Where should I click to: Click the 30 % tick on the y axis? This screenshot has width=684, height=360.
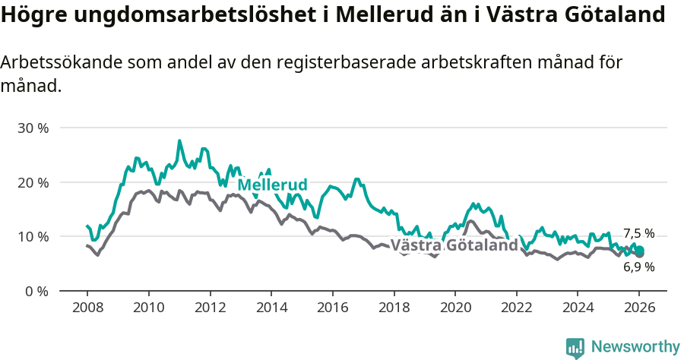coord(33,128)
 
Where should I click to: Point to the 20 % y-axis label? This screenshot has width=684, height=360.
coord(33,182)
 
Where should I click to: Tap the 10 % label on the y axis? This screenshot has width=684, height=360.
coord(33,237)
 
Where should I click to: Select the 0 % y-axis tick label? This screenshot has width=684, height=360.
coord(36,291)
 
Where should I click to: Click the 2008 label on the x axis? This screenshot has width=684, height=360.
coord(87,309)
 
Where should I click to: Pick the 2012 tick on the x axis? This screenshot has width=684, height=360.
coord(210,309)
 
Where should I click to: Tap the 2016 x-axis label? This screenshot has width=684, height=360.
coord(332,309)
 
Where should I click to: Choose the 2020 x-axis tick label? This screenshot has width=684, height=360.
coord(454,309)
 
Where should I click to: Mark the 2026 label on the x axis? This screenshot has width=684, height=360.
coord(638,309)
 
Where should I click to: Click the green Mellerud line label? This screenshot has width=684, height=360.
coord(272,185)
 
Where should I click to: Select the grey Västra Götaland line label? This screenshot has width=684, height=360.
coord(454,245)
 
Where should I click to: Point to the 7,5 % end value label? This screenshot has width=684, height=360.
coord(638,234)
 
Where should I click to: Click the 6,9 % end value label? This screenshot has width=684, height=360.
coord(638,267)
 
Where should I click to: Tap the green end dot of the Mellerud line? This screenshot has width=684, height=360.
coord(639,251)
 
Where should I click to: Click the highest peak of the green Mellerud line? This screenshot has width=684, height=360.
coord(179,141)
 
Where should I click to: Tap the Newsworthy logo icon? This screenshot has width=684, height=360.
coord(575,347)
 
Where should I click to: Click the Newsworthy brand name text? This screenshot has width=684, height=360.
coord(635,347)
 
